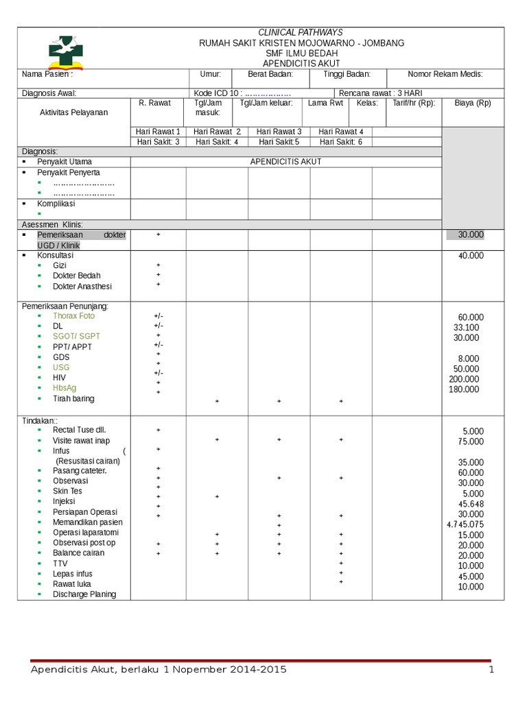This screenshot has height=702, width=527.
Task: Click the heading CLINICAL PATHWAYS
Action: pyautogui.click(x=300, y=32)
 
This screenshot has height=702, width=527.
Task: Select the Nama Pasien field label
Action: pyautogui.click(x=47, y=74)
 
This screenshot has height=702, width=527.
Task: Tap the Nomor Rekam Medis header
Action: pyautogui.click(x=445, y=74)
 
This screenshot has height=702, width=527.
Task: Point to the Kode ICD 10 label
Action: pyautogui.click(x=218, y=93)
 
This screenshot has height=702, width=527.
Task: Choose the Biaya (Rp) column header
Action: pyautogui.click(x=473, y=103)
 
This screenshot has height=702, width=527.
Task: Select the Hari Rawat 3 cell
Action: pyautogui.click(x=279, y=132)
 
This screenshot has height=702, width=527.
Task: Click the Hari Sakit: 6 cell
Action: pyautogui.click(x=341, y=142)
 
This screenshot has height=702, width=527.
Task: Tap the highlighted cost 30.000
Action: pyautogui.click(x=471, y=234)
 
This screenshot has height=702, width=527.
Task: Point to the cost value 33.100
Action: pyautogui.click(x=466, y=328)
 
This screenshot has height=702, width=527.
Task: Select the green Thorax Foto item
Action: pyautogui.click(x=74, y=316)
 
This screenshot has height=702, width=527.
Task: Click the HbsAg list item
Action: pyautogui.click(x=66, y=388)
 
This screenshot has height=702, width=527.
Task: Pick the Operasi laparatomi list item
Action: pyautogui.click(x=86, y=533)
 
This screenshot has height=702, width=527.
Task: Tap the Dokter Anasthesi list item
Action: pyautogui.click(x=82, y=286)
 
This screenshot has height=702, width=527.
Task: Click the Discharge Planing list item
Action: pyautogui.click(x=84, y=594)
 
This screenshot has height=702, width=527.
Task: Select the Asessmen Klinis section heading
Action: pyautogui.click(x=52, y=224)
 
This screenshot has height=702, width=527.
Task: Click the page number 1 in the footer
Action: pyautogui.click(x=491, y=670)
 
